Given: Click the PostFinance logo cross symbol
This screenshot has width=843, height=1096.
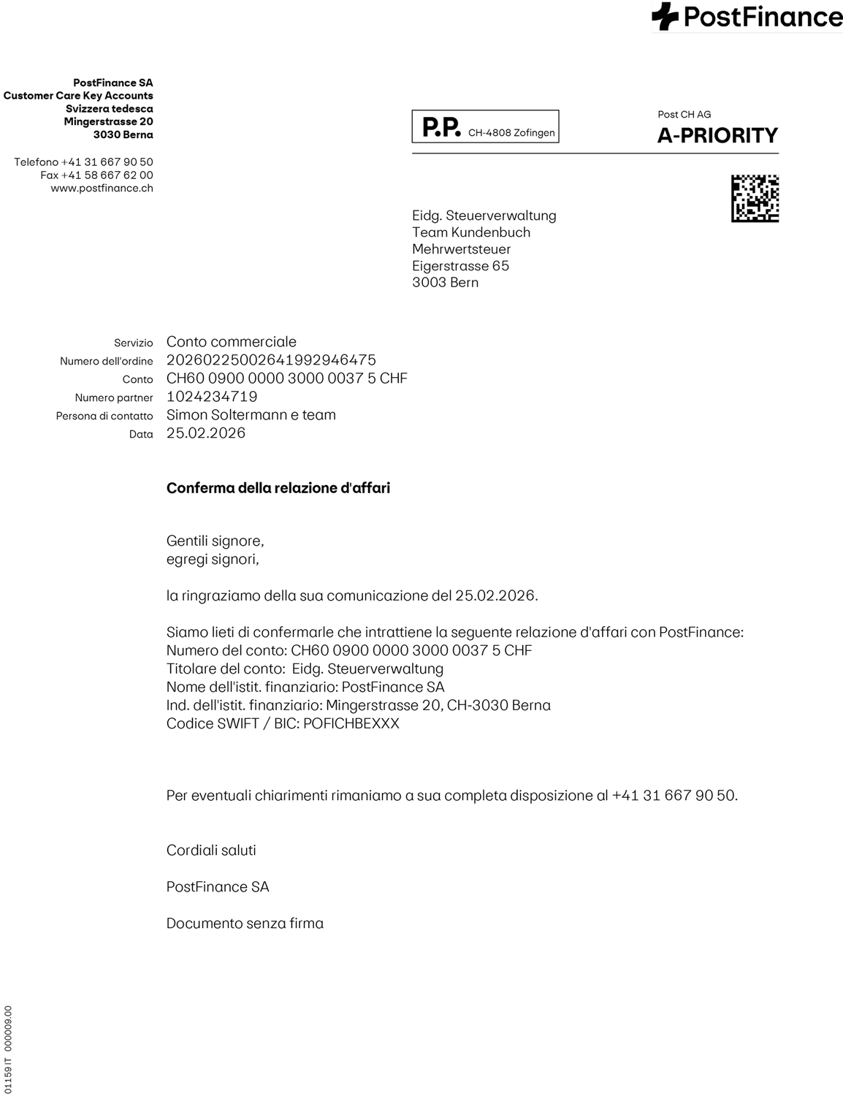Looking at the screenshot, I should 665,16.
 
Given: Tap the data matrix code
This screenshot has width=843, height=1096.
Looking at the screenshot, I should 755,199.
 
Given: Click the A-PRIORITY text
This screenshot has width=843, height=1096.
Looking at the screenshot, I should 717,136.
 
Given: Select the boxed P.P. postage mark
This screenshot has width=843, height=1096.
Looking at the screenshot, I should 485,127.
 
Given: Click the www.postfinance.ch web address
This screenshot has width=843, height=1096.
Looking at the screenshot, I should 102,189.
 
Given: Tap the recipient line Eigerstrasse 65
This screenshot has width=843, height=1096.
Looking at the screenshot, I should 460,266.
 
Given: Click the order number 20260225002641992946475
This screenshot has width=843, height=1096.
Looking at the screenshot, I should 271,360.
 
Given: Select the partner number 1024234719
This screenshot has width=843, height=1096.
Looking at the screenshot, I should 212,397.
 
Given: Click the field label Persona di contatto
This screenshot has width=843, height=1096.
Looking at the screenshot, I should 104,416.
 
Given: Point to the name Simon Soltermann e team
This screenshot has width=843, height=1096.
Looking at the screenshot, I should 251,415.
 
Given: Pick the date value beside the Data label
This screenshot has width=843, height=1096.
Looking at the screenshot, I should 206,433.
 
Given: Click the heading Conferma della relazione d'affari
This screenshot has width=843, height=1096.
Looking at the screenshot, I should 278,488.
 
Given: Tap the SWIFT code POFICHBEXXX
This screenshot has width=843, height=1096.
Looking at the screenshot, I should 351,724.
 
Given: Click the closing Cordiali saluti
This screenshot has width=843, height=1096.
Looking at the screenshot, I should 211,850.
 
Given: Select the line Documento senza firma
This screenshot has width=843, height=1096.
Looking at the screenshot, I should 245,924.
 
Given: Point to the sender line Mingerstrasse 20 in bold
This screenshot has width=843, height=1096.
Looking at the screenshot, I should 108,122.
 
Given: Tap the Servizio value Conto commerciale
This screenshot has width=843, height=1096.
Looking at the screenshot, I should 232,342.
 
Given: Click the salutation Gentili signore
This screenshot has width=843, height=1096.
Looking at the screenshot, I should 215,541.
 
